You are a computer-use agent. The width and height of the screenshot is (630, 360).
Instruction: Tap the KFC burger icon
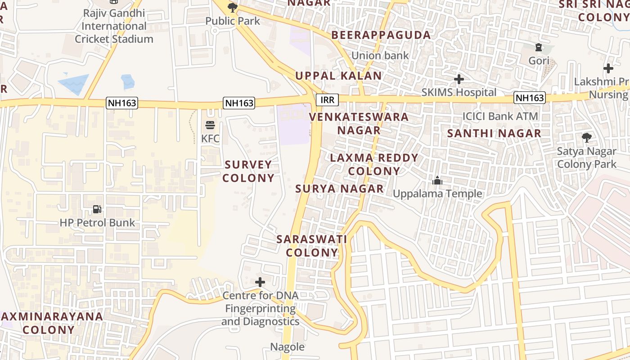click(x=210, y=125)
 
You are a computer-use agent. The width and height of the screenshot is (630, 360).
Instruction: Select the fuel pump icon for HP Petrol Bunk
click(x=97, y=209)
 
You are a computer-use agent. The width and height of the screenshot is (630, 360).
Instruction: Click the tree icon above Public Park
click(x=233, y=7)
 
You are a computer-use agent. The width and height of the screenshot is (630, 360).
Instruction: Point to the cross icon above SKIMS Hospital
click(x=459, y=79)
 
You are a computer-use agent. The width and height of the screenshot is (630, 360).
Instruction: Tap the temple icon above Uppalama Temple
click(x=437, y=180)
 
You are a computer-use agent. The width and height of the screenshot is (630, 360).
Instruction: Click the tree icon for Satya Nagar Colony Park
click(x=587, y=138)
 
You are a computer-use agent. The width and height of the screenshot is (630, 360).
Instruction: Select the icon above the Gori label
click(x=538, y=47)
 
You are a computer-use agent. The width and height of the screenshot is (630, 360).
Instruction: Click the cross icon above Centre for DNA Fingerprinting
click(x=260, y=282)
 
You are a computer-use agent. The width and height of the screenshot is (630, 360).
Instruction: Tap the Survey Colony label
click(x=248, y=171)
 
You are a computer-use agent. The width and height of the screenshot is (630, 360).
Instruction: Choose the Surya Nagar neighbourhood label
click(x=340, y=189)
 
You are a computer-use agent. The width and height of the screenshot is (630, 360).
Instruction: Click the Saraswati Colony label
click(x=312, y=246)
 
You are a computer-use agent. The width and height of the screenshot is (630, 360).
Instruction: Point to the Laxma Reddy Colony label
click(x=374, y=165)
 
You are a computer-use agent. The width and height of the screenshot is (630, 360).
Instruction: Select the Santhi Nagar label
click(x=494, y=133)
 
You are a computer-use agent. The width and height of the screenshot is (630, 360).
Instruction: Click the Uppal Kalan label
click(x=338, y=76)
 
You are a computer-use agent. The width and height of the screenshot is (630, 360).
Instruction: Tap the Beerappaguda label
click(x=381, y=35)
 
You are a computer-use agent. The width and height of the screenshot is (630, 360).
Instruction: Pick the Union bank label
click(x=380, y=56)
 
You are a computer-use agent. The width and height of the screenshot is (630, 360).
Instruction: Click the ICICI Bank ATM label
click(x=500, y=116)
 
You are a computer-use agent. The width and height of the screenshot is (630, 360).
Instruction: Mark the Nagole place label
click(x=287, y=347)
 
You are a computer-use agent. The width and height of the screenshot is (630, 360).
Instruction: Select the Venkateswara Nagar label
click(x=359, y=124)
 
